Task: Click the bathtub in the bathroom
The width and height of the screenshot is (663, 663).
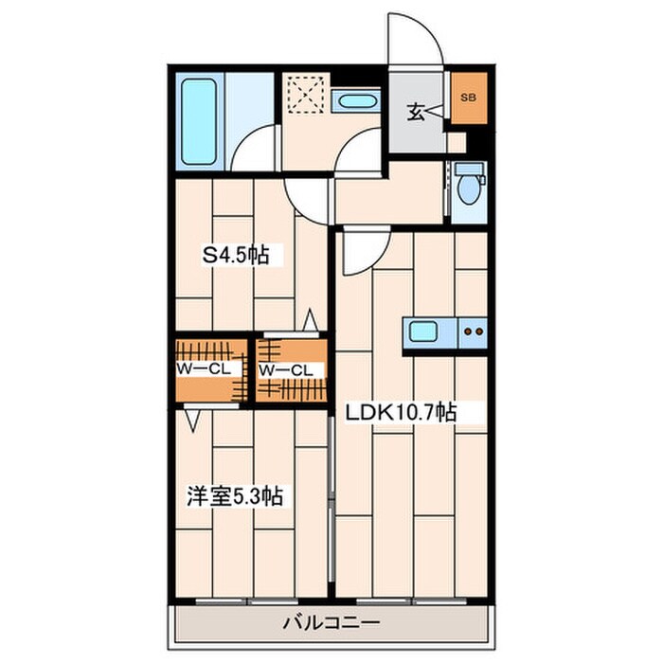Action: pos(199,121)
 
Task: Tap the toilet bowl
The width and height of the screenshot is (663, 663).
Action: pos(469,189)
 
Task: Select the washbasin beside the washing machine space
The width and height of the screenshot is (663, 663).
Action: pos(357,101)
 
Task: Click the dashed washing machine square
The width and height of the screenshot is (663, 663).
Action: pos(306,95)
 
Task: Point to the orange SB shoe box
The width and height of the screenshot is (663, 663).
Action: pos(469,99)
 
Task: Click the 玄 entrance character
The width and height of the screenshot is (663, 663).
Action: pos(415,112)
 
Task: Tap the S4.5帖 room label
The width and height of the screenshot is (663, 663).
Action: pos(235,255)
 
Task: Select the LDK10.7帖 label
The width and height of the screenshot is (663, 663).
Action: pos(401,412)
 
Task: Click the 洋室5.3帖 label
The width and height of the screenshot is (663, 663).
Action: pos(235,496)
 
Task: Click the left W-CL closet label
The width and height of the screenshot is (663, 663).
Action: pos(204,369)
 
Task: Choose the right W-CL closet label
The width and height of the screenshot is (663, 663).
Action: pos(285,371)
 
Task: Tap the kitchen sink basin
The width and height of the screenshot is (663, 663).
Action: pos(422,331)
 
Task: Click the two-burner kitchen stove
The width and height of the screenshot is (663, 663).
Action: pos(473,332)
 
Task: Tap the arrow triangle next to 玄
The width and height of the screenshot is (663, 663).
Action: pos(435,112)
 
